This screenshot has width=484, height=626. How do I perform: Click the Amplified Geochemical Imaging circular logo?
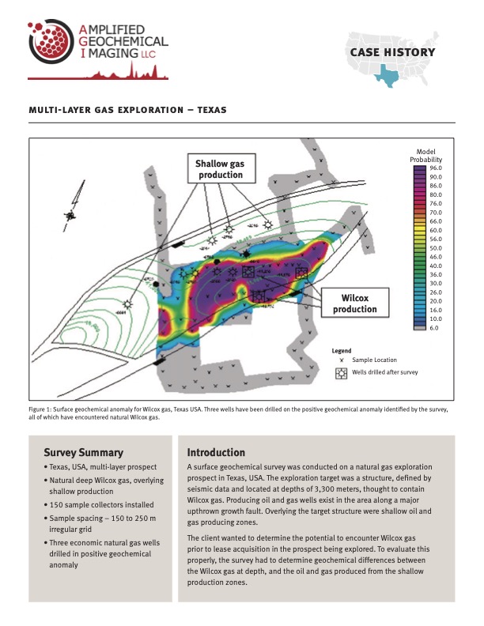point(50,44)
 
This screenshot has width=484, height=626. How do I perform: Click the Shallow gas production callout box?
point(220,169)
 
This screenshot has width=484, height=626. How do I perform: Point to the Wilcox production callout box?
point(354,304)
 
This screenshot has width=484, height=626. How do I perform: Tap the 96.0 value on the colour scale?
point(435,168)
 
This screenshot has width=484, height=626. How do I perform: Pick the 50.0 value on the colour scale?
point(435,248)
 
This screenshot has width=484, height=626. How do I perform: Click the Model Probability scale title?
point(431,155)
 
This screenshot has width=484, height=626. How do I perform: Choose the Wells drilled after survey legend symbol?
point(339,372)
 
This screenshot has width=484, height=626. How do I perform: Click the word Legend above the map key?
point(342,349)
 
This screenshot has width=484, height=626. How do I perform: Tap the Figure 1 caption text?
point(237,413)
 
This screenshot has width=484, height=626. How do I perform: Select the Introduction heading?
point(216,453)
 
